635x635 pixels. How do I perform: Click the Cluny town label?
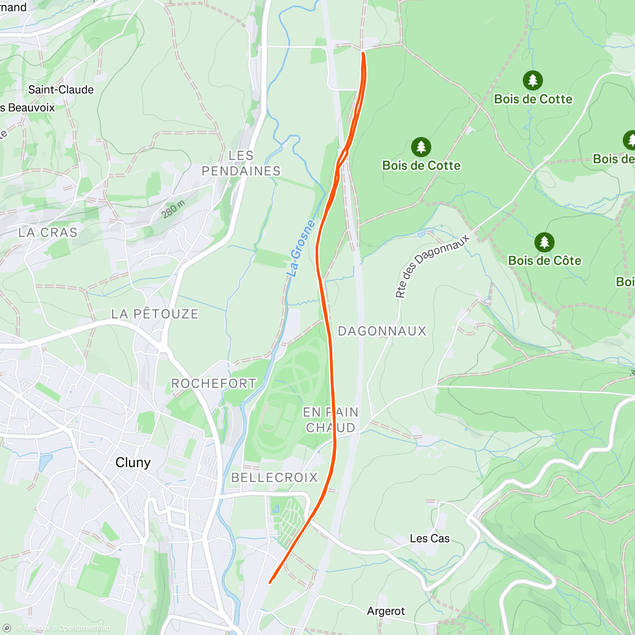click(x=133, y=462)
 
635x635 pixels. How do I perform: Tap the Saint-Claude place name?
click(x=61, y=90)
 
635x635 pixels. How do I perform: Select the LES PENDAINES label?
click(x=241, y=164)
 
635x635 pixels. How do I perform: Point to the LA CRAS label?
click(x=48, y=232)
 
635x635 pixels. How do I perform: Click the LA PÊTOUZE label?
click(x=155, y=314)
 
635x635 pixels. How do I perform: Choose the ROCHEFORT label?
click(x=214, y=384)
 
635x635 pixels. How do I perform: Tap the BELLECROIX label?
click(x=275, y=477)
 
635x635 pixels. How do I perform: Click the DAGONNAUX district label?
click(x=382, y=331)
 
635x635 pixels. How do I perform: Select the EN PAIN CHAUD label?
click(x=331, y=420)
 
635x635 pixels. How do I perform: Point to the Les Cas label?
click(x=430, y=539)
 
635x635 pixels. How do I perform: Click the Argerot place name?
click(x=386, y=611)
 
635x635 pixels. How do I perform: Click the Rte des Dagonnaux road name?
click(x=432, y=266)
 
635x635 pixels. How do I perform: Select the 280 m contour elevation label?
click(x=173, y=210)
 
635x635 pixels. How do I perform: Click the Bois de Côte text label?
click(x=545, y=260)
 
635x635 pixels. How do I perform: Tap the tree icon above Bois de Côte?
click(x=544, y=242)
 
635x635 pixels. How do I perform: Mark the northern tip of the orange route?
click(x=362, y=52)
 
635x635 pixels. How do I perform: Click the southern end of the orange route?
click(x=270, y=583)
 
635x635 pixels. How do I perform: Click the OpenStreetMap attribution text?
click(x=84, y=628)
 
